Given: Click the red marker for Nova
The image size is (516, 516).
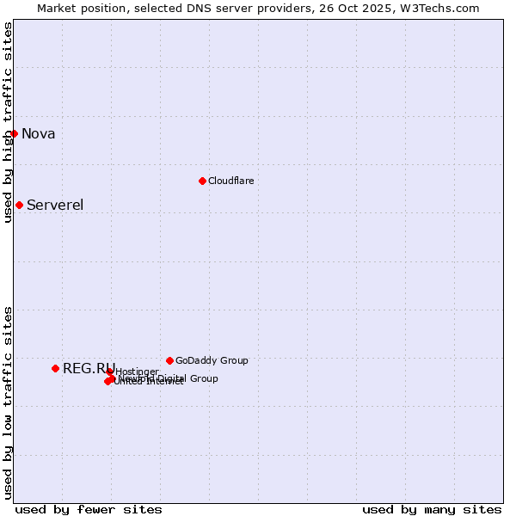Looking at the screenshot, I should (14, 133).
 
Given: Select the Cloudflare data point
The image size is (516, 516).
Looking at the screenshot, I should (202, 181).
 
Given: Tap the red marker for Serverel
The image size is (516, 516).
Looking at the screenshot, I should (19, 205).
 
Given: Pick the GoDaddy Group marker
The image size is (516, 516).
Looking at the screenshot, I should (169, 360).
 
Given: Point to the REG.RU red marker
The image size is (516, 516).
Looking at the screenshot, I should (55, 368).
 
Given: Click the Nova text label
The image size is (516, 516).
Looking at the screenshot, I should (38, 133).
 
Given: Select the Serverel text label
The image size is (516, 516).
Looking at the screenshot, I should (55, 205).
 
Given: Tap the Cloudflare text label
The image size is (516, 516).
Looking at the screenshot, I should (230, 181).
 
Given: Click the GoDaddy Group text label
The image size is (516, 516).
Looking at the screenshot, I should (212, 360).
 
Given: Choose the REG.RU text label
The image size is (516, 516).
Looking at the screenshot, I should (89, 369).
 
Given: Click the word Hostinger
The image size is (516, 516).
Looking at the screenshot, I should (137, 372).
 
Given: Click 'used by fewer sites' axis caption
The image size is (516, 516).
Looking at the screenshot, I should (89, 509).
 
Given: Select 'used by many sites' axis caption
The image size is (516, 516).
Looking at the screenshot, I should (432, 509).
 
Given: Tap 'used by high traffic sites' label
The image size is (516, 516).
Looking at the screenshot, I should (8, 122).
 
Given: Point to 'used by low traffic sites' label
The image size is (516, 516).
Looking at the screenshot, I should (8, 402).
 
